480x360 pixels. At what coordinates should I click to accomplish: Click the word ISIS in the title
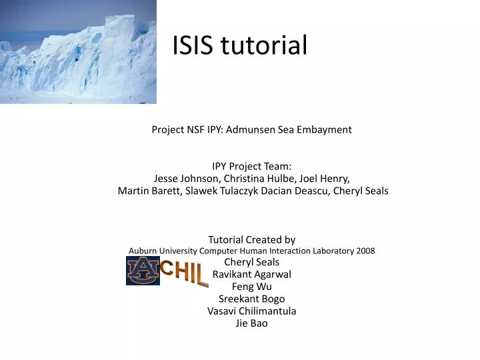pos(194,45)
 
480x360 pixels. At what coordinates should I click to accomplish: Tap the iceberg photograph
pos(78,51)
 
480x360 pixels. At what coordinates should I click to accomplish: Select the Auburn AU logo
pos(143,271)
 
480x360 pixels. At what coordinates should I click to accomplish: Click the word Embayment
pos(323,129)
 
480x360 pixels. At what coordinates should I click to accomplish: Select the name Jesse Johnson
pos(187,179)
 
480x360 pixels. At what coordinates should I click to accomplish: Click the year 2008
pos(365,251)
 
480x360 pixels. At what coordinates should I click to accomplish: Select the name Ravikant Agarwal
pos(251,274)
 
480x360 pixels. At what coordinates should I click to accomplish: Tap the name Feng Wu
pos(251,286)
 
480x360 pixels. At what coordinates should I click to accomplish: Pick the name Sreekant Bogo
pos(251,299)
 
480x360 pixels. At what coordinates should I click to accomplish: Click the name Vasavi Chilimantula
pos(251,311)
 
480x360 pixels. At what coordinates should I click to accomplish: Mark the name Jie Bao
pos(251,323)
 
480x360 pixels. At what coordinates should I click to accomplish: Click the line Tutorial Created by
pos(251,239)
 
